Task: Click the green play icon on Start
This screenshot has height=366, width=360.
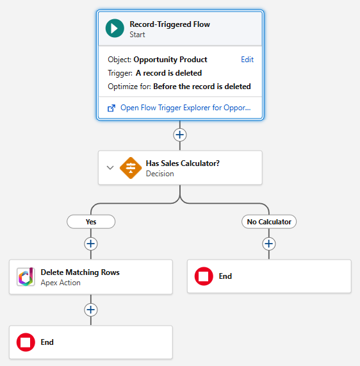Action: (x=115, y=29)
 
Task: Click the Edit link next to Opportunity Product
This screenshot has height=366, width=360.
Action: (x=247, y=60)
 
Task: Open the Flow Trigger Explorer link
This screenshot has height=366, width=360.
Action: (x=185, y=108)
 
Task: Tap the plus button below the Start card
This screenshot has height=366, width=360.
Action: (x=180, y=135)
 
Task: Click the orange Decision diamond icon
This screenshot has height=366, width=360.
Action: (x=131, y=168)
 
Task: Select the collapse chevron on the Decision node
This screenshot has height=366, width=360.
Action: (x=110, y=168)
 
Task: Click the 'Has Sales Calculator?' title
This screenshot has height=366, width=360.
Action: (x=183, y=163)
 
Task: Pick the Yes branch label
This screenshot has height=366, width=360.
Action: (x=91, y=222)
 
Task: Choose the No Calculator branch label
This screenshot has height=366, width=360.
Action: (x=269, y=222)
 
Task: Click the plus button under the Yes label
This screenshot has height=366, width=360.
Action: (x=91, y=244)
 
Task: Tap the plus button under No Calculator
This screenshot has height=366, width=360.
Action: (x=269, y=244)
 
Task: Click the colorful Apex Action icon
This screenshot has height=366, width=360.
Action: (x=26, y=277)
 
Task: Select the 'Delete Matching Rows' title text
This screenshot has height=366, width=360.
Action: (x=80, y=272)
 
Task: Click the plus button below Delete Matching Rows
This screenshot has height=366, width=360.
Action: (x=91, y=310)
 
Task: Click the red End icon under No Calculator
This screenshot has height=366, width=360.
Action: (x=204, y=276)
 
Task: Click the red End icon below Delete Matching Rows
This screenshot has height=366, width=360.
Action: (x=26, y=342)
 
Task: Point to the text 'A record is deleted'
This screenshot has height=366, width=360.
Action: (x=168, y=73)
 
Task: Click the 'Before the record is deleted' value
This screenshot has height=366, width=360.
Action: (x=202, y=87)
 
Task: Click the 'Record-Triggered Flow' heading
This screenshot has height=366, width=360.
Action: (x=170, y=24)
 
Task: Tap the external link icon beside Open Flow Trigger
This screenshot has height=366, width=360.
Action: (x=111, y=108)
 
